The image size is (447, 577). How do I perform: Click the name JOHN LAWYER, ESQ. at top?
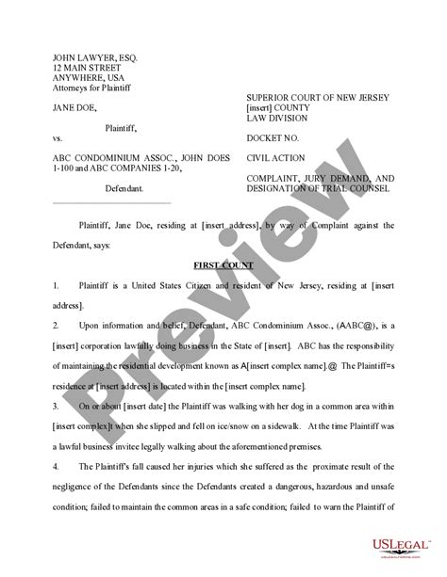pos(94,57)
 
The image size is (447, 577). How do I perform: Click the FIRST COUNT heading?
pos(223,266)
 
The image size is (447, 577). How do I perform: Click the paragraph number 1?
pos(57,283)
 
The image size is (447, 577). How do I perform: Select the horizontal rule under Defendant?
pos(111,202)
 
